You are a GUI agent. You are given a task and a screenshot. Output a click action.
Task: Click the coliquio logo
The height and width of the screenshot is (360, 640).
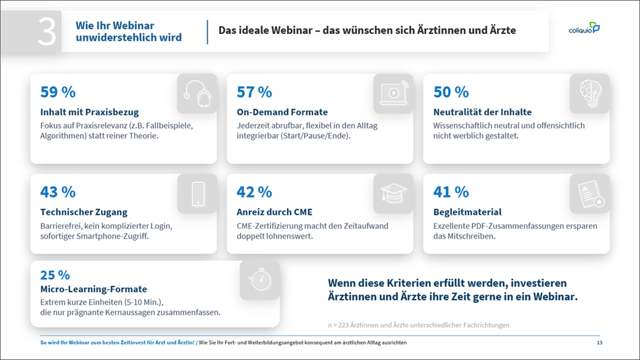point(584,28)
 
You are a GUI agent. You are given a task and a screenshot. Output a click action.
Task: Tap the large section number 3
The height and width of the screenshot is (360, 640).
point(47,32)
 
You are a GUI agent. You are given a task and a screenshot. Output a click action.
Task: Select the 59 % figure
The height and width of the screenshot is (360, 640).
point(58,92)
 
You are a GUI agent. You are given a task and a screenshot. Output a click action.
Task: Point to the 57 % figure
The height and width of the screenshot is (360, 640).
point(254,92)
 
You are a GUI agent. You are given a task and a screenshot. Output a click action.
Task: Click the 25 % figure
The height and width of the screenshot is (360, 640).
point(55,275)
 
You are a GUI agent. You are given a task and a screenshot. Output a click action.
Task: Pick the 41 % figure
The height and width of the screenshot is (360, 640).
point(451,192)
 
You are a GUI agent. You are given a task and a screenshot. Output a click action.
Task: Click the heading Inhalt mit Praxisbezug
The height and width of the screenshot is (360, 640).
point(90,112)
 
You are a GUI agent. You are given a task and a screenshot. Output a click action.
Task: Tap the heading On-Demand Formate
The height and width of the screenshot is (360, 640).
point(282,112)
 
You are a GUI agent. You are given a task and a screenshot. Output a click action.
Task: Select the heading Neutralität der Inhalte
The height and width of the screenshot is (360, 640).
point(483,112)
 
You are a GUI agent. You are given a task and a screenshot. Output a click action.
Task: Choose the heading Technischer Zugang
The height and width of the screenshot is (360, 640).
point(84,212)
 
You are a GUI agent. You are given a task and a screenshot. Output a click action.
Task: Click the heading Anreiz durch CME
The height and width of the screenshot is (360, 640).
point(275,212)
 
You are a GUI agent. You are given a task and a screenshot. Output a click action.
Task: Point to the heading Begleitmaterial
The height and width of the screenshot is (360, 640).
point(467,212)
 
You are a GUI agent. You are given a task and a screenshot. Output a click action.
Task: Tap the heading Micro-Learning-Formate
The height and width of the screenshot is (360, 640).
point(94,289)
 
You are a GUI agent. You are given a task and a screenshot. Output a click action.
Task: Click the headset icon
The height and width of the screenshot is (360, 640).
point(197,93)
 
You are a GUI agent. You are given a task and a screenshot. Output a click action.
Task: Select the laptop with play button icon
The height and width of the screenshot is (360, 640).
point(394,93)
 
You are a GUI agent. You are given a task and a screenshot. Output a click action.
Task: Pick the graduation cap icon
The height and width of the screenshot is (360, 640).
point(393,193)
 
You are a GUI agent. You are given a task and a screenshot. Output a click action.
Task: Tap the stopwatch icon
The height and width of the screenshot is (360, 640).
point(260,279)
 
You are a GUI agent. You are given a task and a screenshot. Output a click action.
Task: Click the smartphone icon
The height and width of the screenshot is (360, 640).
point(198,194)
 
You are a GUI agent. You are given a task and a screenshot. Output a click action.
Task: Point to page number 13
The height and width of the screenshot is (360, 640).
point(599,342)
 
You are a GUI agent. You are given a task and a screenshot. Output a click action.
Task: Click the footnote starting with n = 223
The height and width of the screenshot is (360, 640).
point(419,325)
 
